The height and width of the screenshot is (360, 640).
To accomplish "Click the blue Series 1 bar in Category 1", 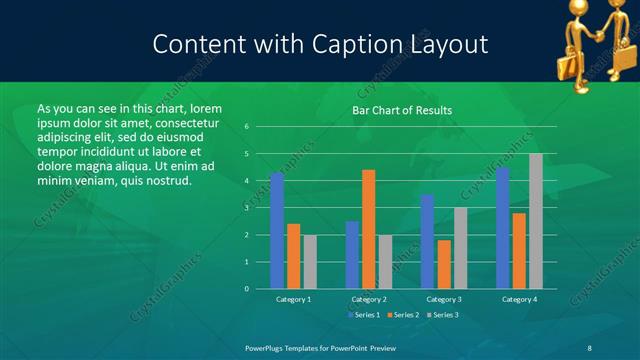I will click(277, 231).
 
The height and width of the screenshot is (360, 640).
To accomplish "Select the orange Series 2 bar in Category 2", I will click(368, 229).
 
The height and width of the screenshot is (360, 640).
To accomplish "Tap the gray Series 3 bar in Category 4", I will click(536, 221).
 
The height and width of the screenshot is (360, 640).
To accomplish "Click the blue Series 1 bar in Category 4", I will click(503, 228).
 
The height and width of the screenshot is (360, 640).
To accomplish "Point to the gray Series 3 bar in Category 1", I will click(310, 262).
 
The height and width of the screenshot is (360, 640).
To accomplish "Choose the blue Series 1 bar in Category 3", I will click(427, 241).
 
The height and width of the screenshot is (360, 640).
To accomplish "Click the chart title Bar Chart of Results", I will click(402, 110).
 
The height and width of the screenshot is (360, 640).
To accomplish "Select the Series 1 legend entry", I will click(364, 315).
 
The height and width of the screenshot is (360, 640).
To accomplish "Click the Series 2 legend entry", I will click(403, 315).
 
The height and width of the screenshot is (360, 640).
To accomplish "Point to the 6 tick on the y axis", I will click(247, 127).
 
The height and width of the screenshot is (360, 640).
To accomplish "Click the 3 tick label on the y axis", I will click(247, 208).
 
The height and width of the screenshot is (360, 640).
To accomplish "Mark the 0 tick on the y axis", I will click(247, 289).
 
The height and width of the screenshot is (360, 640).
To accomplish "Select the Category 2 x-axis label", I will click(368, 299).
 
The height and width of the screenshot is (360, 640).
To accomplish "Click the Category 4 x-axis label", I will click(519, 299).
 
